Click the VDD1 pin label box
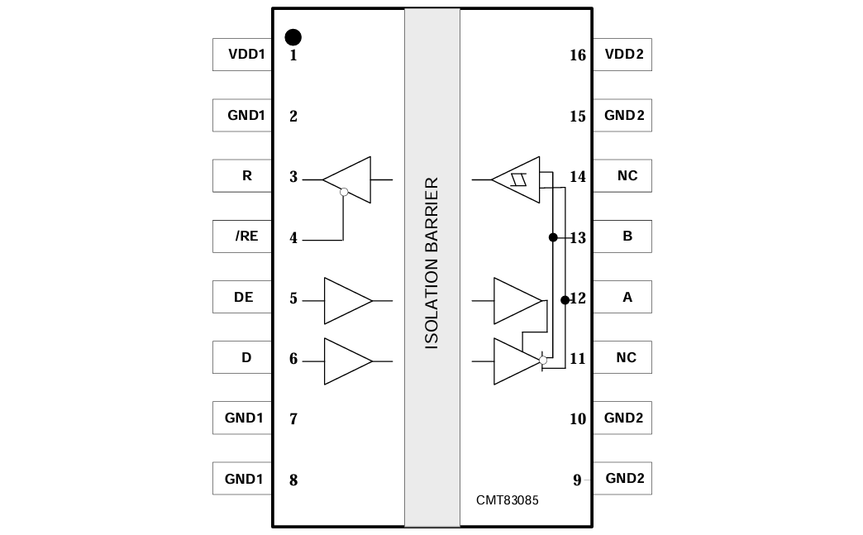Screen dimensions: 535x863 click(242, 55)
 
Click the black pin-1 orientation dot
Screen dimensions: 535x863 click(293, 37)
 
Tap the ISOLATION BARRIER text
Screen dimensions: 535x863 click(431, 263)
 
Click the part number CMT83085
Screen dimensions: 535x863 click(507, 500)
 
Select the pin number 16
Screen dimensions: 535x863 click(578, 55)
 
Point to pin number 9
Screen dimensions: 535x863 click(577, 480)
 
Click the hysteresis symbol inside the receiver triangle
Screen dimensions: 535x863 click(520, 179)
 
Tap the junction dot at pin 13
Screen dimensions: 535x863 click(552, 237)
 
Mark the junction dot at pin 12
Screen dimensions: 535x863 click(565, 299)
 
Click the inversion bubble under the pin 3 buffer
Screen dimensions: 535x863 click(344, 192)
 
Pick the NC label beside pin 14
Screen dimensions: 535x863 click(627, 176)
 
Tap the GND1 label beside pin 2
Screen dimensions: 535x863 click(246, 116)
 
